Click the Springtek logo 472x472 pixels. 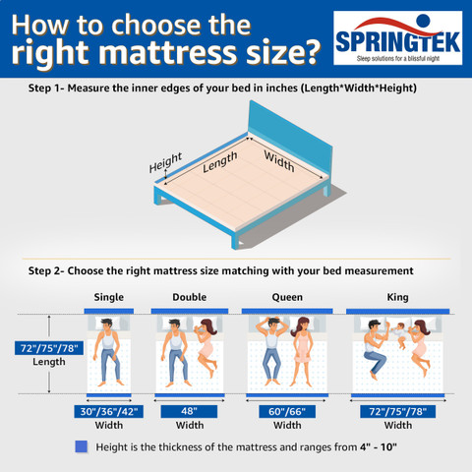click(397, 37)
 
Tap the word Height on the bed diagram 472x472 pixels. click(165, 162)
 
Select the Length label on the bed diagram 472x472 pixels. click(219, 161)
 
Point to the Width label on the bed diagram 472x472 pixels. click(279, 161)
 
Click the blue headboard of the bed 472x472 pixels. click(290, 140)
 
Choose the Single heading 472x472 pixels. click(109, 297)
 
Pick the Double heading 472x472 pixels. click(190, 297)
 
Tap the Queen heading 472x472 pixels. click(287, 297)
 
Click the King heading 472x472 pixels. click(397, 297)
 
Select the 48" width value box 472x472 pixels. click(189, 411)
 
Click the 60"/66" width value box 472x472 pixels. click(287, 411)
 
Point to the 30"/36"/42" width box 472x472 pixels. click(109, 411)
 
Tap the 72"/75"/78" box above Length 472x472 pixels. click(49, 348)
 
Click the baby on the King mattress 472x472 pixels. click(399, 335)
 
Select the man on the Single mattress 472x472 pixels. click(108, 352)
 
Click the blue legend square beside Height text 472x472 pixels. click(82, 446)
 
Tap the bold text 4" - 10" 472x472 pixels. click(379, 446)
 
